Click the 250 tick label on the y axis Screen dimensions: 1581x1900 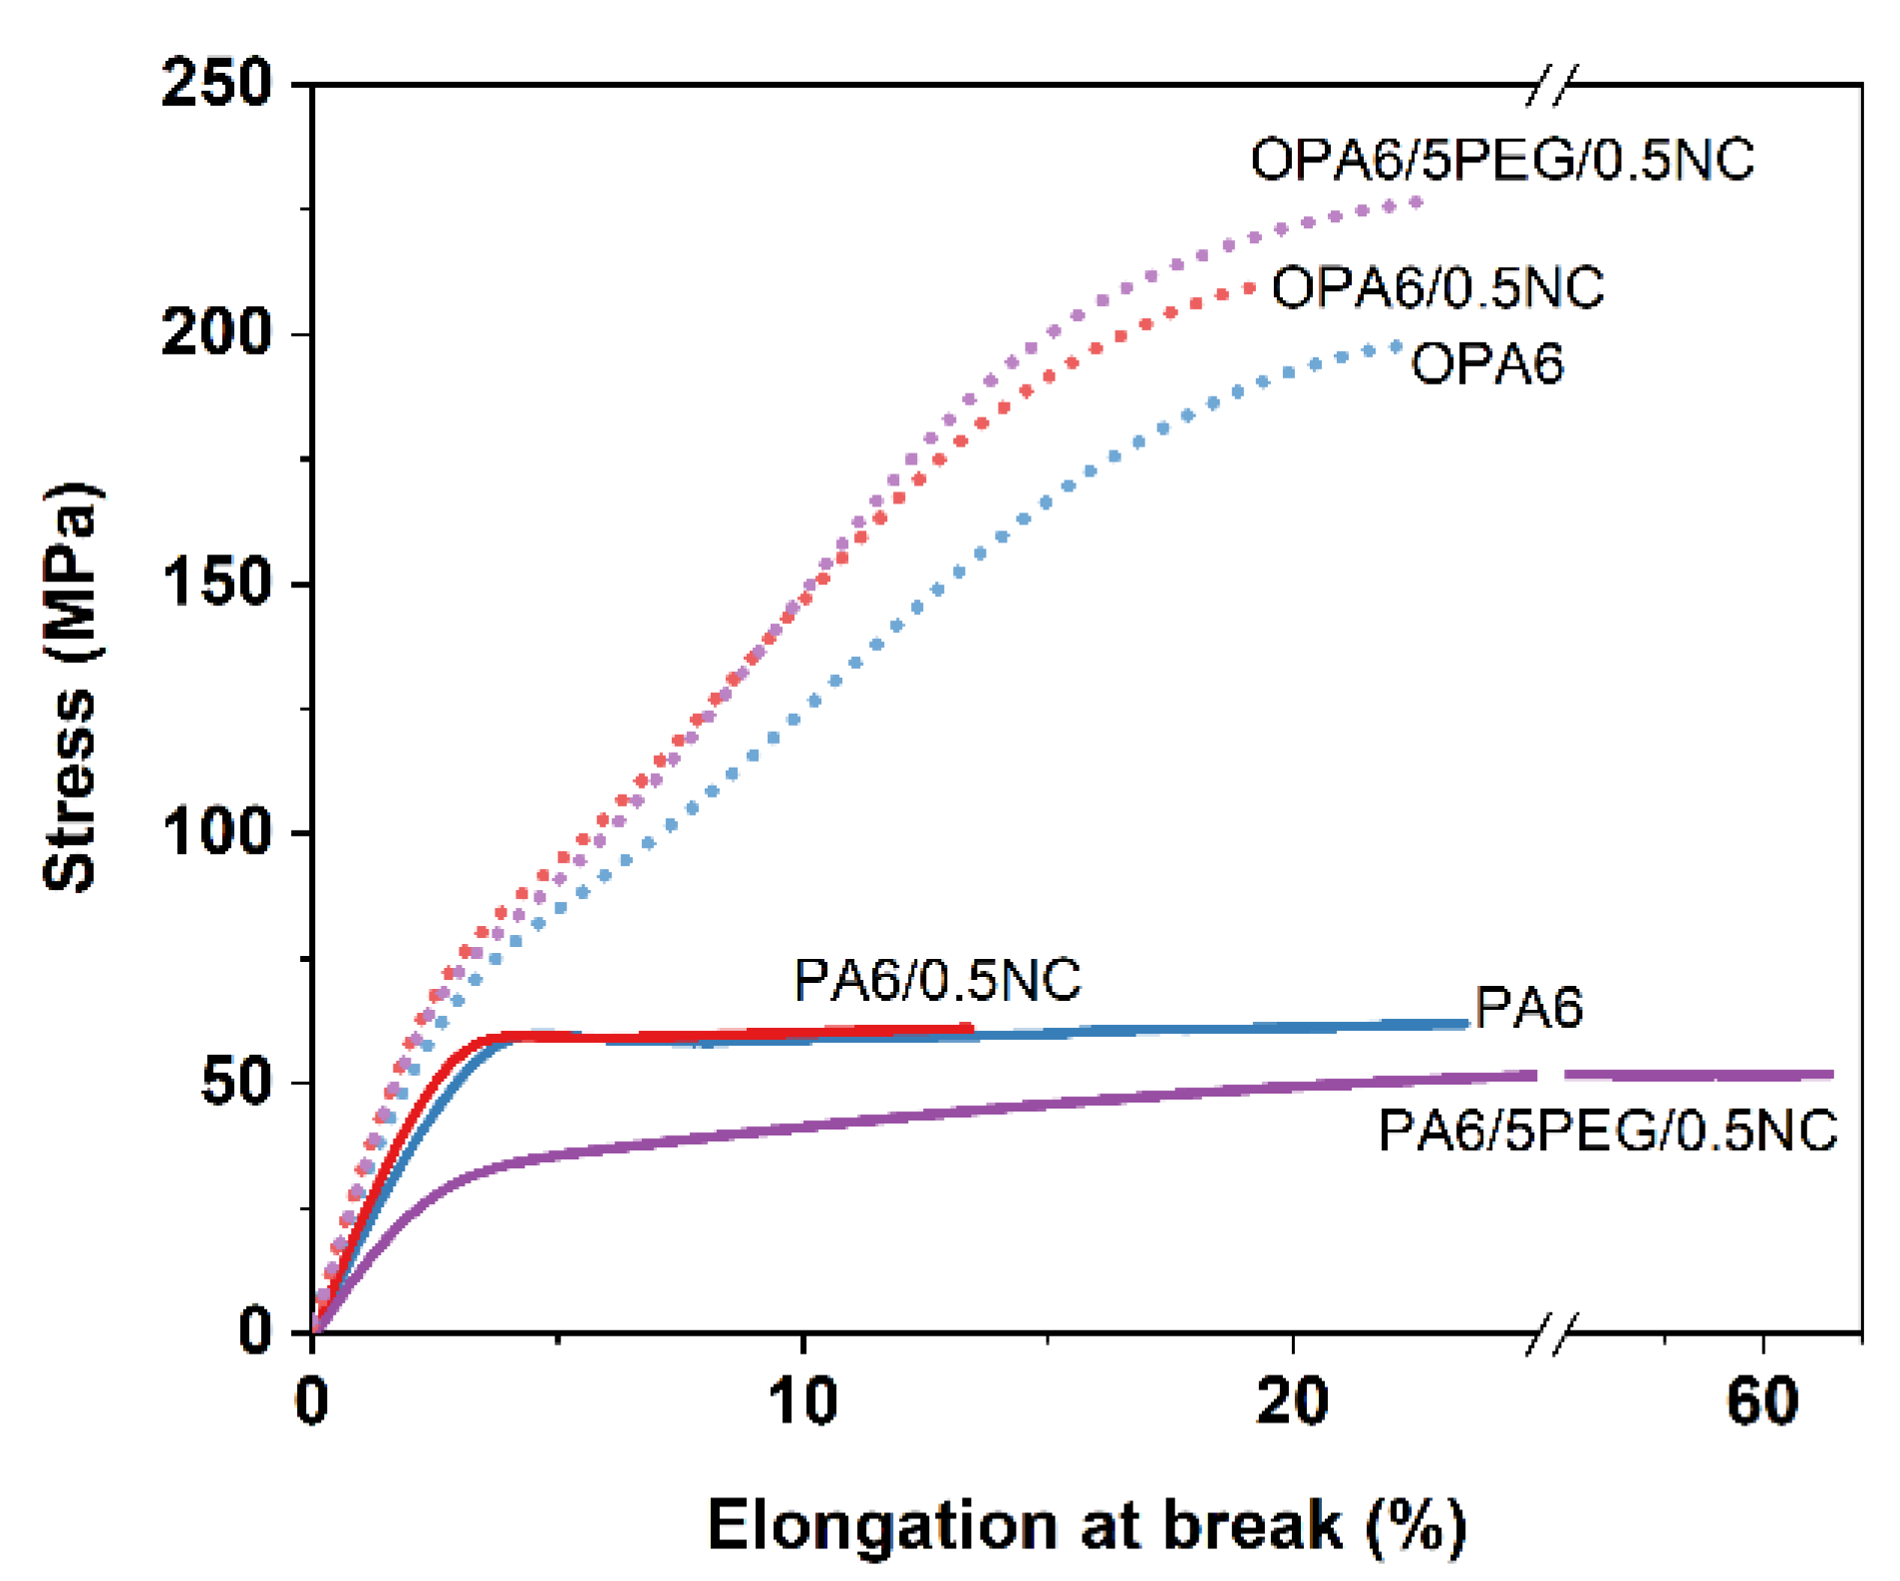pos(216,83)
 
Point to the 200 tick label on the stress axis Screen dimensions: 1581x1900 pos(216,333)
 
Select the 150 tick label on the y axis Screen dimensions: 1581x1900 pos(216,583)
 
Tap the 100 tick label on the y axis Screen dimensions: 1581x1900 pos(216,832)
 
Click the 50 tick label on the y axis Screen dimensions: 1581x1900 pos(236,1082)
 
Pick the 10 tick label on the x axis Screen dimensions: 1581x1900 pos(802,1402)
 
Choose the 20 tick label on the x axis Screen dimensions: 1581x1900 pos(1292,1402)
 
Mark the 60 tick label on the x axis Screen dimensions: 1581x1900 pos(1762,1402)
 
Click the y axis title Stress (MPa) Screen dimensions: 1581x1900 pos(72,688)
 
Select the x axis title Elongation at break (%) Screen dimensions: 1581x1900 pos(1087,1525)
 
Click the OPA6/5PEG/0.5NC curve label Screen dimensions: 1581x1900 pos(1502,159)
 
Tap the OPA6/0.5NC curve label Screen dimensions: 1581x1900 pos(1437,288)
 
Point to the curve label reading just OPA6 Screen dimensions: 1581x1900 pos(1487,363)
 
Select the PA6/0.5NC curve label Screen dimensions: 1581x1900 pos(937,980)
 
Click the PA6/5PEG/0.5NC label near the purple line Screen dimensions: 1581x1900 pos(1607,1131)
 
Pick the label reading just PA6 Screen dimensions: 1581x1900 pos(1528,1007)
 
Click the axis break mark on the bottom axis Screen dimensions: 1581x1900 pos(1553,1333)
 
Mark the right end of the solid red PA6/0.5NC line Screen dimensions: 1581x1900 pos(969,1027)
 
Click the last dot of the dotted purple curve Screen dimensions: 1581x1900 pos(1416,202)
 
